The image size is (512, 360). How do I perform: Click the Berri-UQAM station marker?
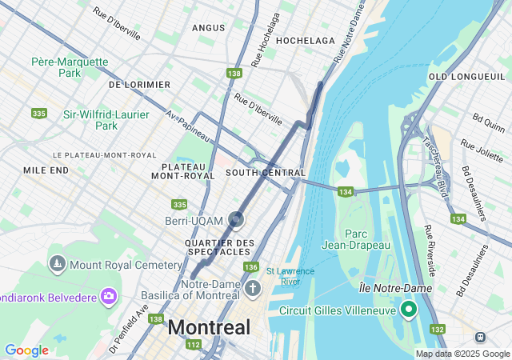(x=237, y=219)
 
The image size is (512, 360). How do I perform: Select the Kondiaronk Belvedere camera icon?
(x=109, y=298)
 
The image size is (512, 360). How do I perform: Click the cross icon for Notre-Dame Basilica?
(x=253, y=287)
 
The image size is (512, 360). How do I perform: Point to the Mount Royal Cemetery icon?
(x=57, y=263)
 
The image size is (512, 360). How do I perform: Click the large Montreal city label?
(x=209, y=327)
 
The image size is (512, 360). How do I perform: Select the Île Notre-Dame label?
(x=395, y=287)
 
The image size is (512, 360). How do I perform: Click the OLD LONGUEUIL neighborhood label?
(x=460, y=76)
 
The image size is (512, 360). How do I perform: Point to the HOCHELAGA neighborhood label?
(x=305, y=40)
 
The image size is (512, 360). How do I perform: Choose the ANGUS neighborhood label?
(x=208, y=28)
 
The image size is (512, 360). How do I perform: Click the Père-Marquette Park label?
(x=70, y=66)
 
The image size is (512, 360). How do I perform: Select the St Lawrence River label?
(x=283, y=276)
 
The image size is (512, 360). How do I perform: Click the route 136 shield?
(x=251, y=267)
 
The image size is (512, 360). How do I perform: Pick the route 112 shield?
(x=193, y=345)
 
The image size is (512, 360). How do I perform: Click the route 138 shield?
(x=234, y=74)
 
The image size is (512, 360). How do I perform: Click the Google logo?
(x=26, y=350)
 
